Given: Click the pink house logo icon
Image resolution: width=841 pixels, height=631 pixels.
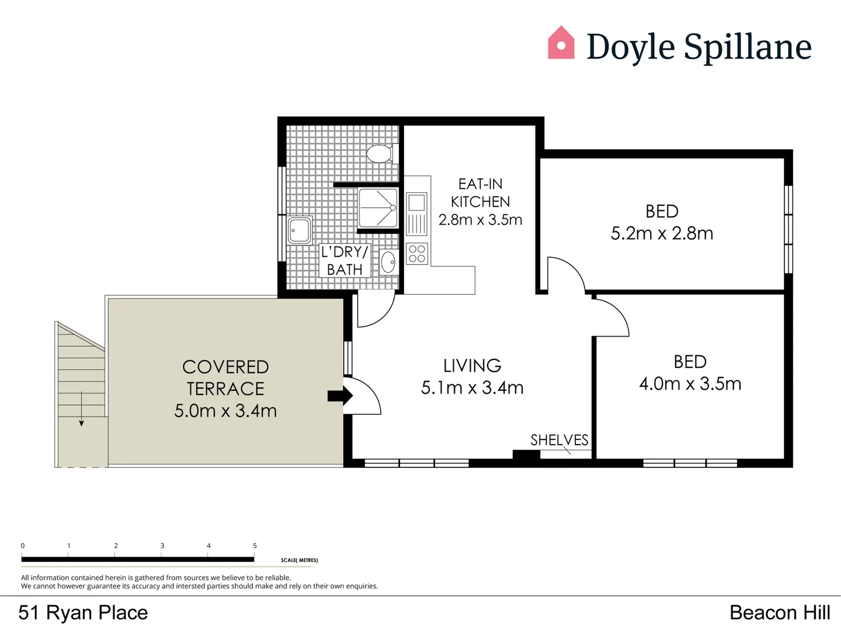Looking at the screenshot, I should point(561,43).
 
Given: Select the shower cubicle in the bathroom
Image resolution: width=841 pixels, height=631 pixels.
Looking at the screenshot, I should point(378,207).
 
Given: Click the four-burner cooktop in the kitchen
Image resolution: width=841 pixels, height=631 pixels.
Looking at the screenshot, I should point(417,254).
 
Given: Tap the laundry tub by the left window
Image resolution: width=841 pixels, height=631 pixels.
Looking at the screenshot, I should point(300,230).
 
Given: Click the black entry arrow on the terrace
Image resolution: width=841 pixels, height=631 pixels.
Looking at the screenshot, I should point(340,396).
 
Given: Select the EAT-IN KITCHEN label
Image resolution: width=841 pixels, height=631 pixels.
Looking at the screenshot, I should point(480,193).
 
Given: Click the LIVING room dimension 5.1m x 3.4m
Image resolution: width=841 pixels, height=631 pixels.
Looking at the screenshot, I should point(472,387).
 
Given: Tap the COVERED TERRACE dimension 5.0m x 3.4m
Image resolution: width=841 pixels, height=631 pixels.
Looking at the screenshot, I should point(225,411).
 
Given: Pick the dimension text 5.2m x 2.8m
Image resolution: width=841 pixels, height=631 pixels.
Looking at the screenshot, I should point(662,233).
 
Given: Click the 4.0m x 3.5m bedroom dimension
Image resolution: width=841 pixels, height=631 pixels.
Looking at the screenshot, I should point(690,384).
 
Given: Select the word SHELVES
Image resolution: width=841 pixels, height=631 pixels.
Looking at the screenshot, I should point(559,440).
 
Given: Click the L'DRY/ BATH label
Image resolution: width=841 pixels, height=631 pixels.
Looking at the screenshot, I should point(345,261).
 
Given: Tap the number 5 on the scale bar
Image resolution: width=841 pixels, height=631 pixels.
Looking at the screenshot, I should point(255,546).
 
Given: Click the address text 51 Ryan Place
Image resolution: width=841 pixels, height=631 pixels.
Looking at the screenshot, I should point(83,612).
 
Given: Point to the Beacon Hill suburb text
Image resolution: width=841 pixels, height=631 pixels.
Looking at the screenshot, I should point(780,612).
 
